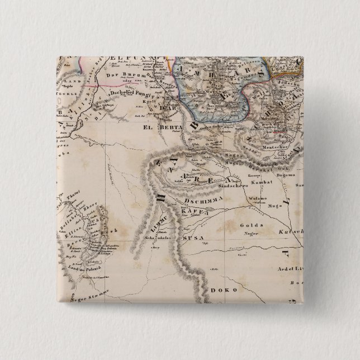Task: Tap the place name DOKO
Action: [x=224, y=290]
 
